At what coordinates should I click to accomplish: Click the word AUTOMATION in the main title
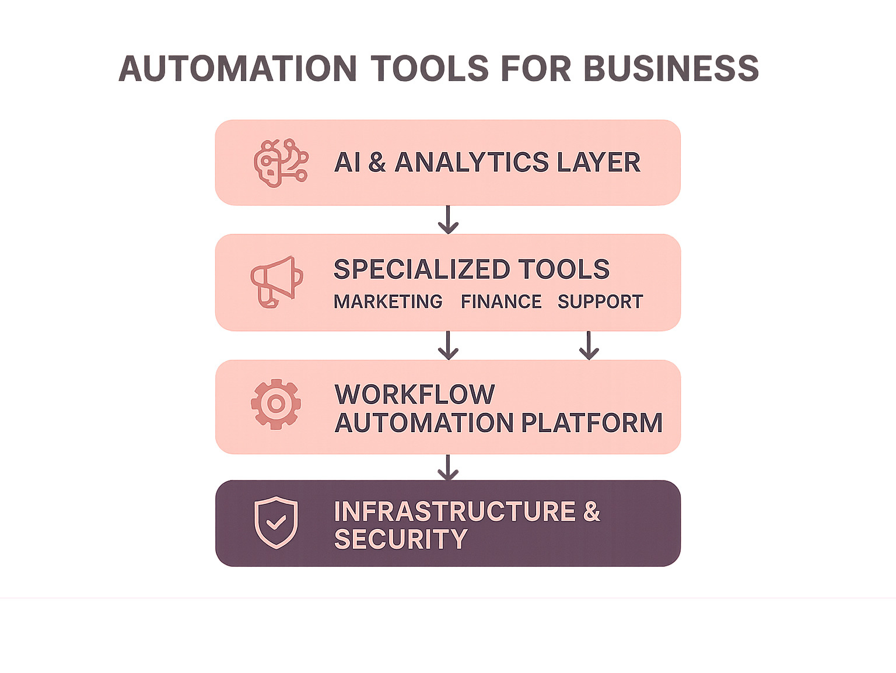(238, 68)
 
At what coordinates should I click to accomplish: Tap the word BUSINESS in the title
(671, 68)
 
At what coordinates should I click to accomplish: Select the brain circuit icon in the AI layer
(281, 163)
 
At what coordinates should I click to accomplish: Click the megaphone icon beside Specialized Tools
(276, 282)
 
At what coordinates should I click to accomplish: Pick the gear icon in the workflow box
(276, 404)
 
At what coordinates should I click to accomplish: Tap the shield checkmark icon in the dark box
(276, 523)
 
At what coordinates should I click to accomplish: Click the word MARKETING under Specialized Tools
(388, 302)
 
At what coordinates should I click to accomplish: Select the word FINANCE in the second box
(501, 302)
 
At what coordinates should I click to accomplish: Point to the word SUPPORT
(600, 302)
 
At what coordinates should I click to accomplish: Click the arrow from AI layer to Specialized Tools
(448, 220)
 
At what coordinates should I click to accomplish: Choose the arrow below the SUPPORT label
(589, 345)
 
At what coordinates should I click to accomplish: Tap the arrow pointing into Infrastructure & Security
(448, 467)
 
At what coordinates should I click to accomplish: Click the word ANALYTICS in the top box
(472, 162)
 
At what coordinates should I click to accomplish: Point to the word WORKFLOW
(415, 395)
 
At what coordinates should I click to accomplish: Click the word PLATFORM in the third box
(591, 423)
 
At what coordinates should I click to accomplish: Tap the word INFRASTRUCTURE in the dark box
(454, 511)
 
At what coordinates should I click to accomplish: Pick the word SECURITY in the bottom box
(401, 539)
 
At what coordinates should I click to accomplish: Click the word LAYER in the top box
(598, 162)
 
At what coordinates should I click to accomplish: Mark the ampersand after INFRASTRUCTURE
(591, 511)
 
